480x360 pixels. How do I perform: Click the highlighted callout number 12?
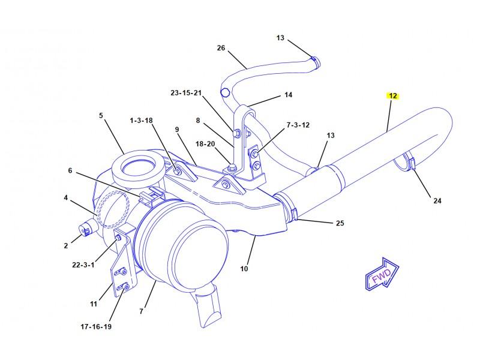point(392,95)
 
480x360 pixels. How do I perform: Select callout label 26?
point(221,48)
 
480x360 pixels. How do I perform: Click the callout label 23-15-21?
point(186,93)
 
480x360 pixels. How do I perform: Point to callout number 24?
point(437,201)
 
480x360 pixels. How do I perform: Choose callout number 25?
point(340,223)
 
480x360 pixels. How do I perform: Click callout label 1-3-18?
point(142,120)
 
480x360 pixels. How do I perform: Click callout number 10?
point(244,269)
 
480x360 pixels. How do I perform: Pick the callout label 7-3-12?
point(297,125)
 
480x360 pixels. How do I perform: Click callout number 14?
point(289,95)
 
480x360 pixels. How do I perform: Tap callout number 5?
point(101,115)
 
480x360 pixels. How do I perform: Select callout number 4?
point(65,197)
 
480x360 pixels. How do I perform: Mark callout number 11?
point(94,304)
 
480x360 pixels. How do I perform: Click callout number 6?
point(70,170)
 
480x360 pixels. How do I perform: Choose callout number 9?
point(177,129)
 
